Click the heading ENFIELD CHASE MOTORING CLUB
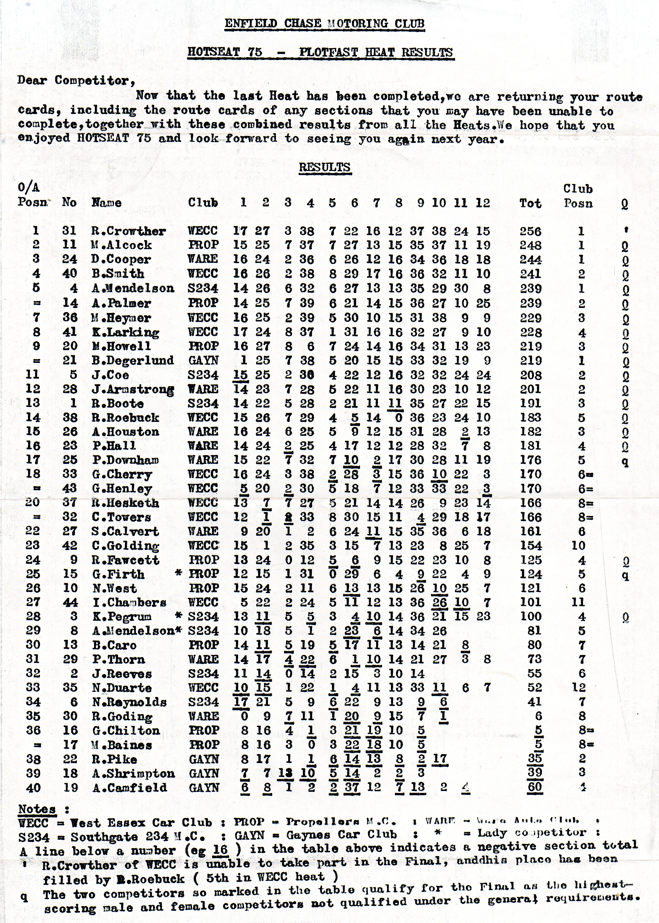pyautogui.click(x=324, y=24)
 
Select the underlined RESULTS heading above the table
pyautogui.click(x=325, y=167)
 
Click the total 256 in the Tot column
pyautogui.click(x=530, y=231)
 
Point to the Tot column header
pyautogui.click(x=530, y=203)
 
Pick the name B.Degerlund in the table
pyautogui.click(x=133, y=360)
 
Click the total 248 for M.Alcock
pyautogui.click(x=530, y=245)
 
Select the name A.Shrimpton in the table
pyautogui.click(x=133, y=773)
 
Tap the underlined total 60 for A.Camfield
pyautogui.click(x=535, y=787)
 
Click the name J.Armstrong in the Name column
pyautogui.click(x=133, y=389)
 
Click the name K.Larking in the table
pyautogui.click(x=125, y=332)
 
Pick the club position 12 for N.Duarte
pyautogui.click(x=579, y=687)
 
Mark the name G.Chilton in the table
pyautogui.click(x=126, y=730)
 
